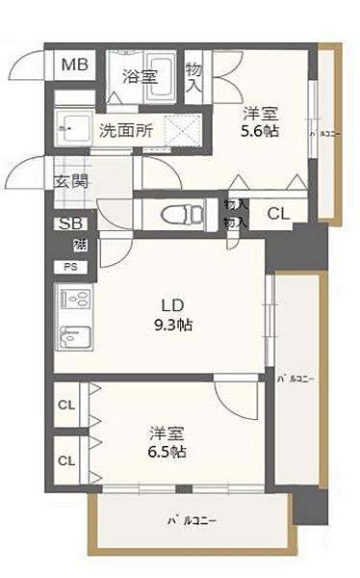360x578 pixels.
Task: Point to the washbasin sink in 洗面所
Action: tap(72, 126)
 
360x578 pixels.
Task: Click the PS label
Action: tap(70, 266)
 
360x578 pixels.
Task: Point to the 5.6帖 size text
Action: tap(260, 131)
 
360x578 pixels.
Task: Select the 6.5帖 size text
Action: tap(167, 451)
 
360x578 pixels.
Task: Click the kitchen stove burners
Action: tap(74, 298)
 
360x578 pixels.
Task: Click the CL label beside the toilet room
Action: tap(274, 214)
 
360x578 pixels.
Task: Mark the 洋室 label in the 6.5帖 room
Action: tap(167, 432)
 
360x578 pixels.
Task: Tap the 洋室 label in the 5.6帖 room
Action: tap(259, 112)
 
